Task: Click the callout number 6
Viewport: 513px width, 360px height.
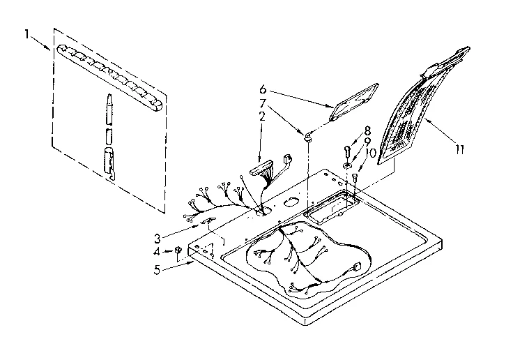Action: [x=262, y=89]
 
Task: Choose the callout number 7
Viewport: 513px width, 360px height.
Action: [x=262, y=103]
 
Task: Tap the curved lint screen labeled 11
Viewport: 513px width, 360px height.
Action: [x=411, y=112]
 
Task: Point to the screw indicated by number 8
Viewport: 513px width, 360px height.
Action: [x=348, y=150]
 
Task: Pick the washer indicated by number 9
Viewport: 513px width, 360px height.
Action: [x=347, y=165]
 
